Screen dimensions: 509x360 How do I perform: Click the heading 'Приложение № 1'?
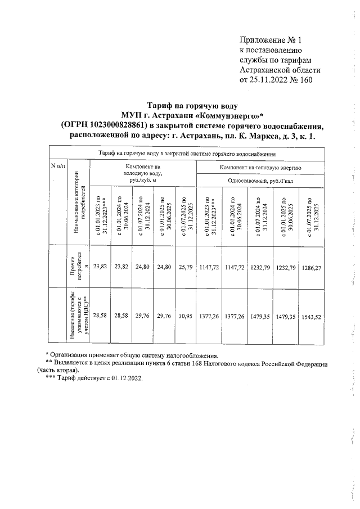click(271, 40)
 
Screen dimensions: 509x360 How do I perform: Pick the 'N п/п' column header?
click(58, 166)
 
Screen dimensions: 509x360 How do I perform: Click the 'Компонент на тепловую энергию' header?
click(261, 168)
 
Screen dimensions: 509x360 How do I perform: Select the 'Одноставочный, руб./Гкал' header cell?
click(261, 181)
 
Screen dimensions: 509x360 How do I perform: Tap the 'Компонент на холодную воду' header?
click(143, 174)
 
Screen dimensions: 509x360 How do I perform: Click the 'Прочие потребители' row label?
click(76, 268)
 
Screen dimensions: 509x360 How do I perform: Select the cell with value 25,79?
click(185, 268)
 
